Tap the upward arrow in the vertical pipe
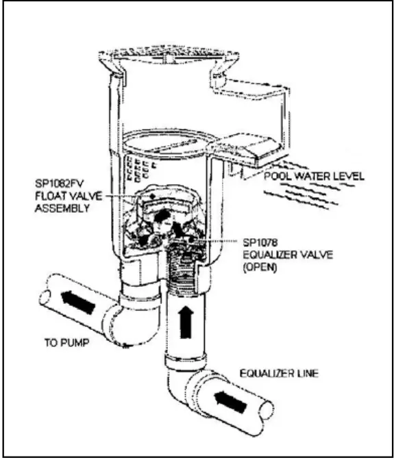click(x=183, y=321)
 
